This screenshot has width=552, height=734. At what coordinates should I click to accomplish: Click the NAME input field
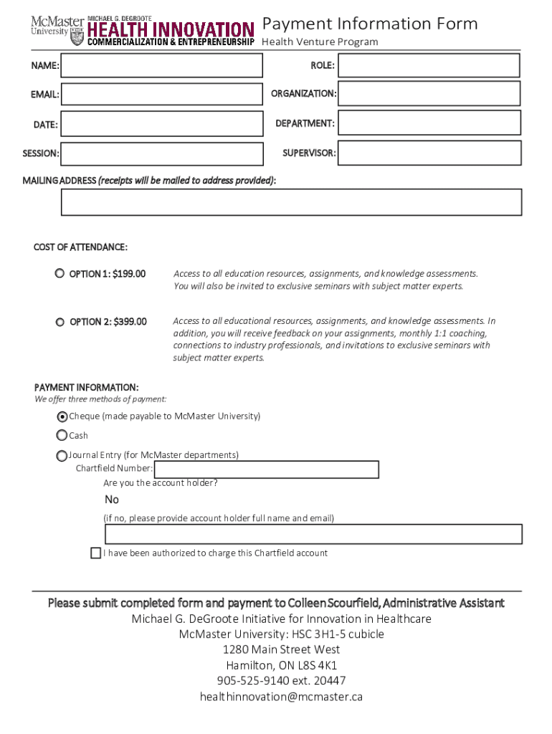162,66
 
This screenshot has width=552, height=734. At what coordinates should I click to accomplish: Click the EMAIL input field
162,94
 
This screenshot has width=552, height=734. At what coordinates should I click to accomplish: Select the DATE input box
162,124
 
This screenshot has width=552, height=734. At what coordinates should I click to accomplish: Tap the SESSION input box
162,153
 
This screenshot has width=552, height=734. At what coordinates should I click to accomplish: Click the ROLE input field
429,65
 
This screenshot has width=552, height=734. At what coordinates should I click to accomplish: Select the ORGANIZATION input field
429,93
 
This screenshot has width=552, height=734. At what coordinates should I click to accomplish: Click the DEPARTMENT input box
429,123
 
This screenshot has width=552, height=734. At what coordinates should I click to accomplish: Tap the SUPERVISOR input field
429,153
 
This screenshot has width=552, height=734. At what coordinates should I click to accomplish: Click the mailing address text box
291,203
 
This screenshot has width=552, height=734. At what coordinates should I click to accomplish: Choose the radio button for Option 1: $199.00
60,274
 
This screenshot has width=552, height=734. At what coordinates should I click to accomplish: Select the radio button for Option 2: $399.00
60,322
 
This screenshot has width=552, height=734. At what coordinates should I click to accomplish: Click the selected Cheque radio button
62,416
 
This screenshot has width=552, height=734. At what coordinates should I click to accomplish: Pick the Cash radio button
62,435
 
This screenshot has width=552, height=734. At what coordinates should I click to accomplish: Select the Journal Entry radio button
62,455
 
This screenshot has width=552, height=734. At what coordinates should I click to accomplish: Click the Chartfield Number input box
267,470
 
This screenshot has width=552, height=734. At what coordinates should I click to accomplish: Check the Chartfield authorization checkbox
96,553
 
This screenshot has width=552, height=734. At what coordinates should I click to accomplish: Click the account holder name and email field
313,535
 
